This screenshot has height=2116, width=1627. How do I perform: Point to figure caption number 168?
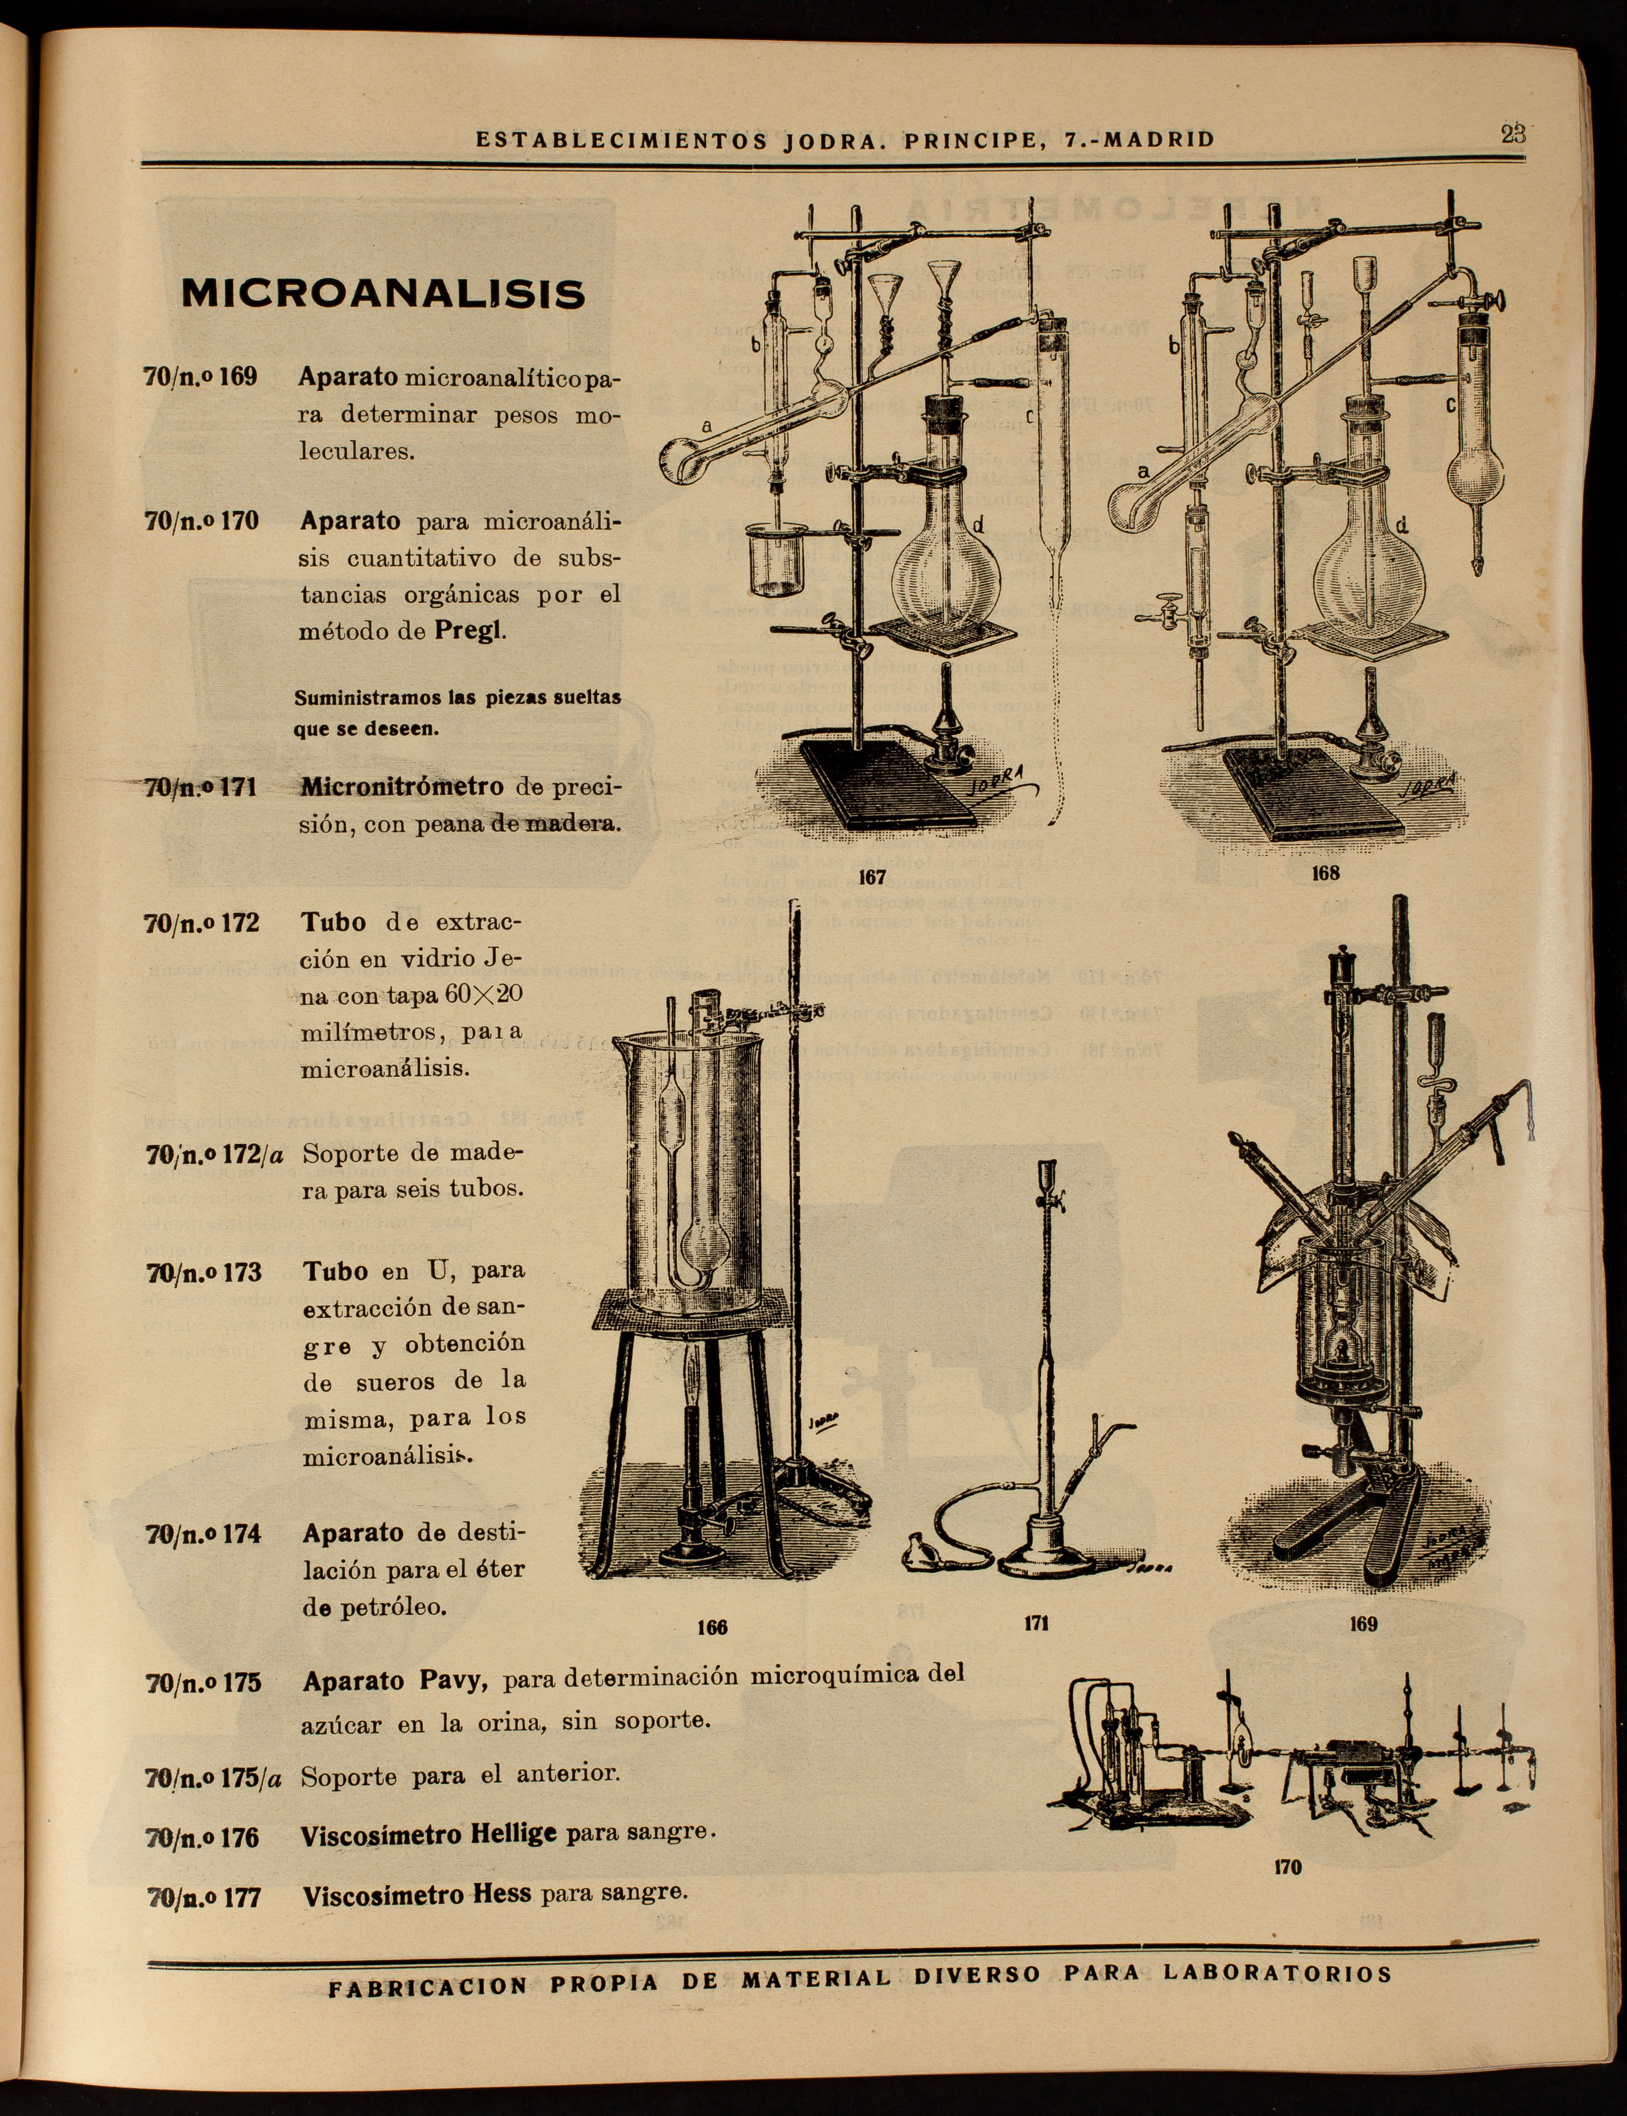1325,873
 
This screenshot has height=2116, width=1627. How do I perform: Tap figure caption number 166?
712,1627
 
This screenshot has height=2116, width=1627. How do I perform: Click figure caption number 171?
1036,1623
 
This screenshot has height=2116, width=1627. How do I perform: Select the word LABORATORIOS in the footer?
1277,1947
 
